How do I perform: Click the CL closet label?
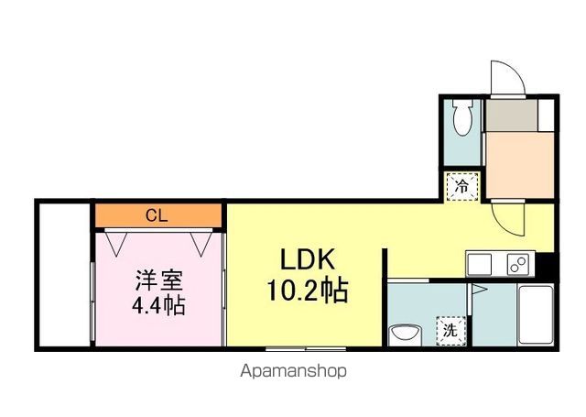[157, 216]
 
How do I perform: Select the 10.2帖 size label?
[306, 291]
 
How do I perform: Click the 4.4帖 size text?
[159, 304]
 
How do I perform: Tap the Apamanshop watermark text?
[293, 372]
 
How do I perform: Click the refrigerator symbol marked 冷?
[463, 186]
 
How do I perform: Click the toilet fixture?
[462, 117]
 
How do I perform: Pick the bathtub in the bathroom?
[536, 314]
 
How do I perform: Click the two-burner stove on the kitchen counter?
[516, 264]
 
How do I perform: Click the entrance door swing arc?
[505, 78]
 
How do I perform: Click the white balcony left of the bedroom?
[63, 274]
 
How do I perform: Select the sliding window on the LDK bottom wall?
[306, 348]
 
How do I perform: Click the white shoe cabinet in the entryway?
[547, 116]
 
